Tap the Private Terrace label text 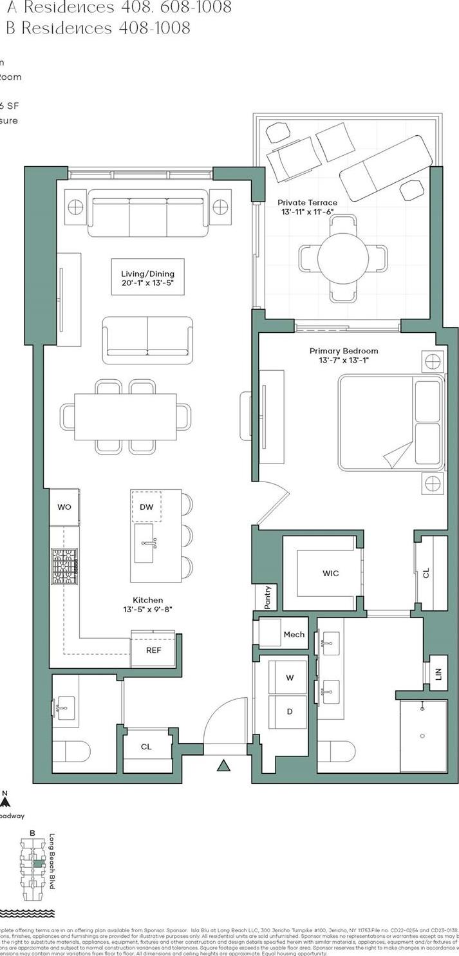point(307,202)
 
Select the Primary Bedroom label point(343,351)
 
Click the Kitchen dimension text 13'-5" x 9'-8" point(147,609)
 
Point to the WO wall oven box point(64,507)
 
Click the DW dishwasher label point(146,507)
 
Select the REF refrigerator point(153,650)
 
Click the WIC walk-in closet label point(330,573)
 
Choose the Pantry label point(268,597)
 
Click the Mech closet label point(294,634)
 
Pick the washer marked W point(290,677)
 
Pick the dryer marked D point(290,711)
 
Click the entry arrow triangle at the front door point(223,765)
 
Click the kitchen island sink point(144,543)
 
